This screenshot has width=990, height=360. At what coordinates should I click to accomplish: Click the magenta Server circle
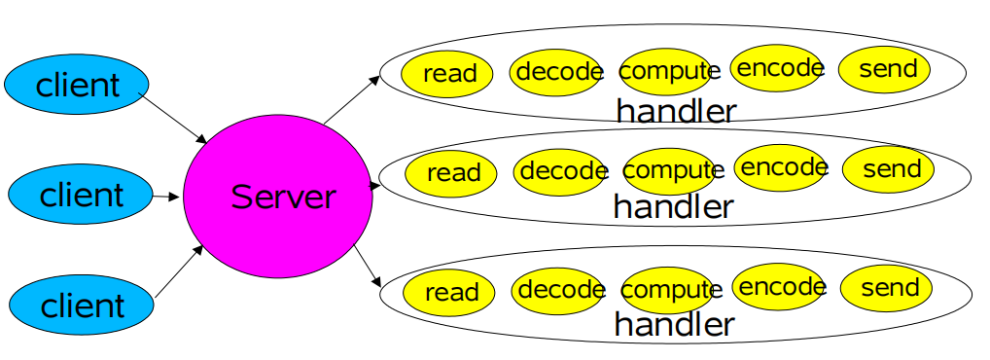(278, 198)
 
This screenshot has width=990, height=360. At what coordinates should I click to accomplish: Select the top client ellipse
(77, 85)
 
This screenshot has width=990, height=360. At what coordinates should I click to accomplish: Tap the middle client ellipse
(81, 196)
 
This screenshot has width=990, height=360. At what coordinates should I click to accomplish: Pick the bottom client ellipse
(82, 306)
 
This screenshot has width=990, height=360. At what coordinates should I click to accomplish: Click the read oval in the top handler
(448, 73)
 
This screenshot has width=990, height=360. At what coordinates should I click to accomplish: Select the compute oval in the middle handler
(671, 171)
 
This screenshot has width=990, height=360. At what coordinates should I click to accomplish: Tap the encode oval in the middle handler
(782, 167)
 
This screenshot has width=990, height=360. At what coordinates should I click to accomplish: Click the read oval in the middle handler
(452, 173)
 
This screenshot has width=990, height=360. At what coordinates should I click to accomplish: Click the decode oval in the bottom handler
(560, 289)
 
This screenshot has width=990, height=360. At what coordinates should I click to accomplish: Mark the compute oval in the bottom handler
(669, 290)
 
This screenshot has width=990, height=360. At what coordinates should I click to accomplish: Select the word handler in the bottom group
(674, 323)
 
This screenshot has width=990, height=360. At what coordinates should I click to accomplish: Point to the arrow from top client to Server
(176, 118)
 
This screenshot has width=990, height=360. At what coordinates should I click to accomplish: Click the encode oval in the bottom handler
(779, 286)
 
